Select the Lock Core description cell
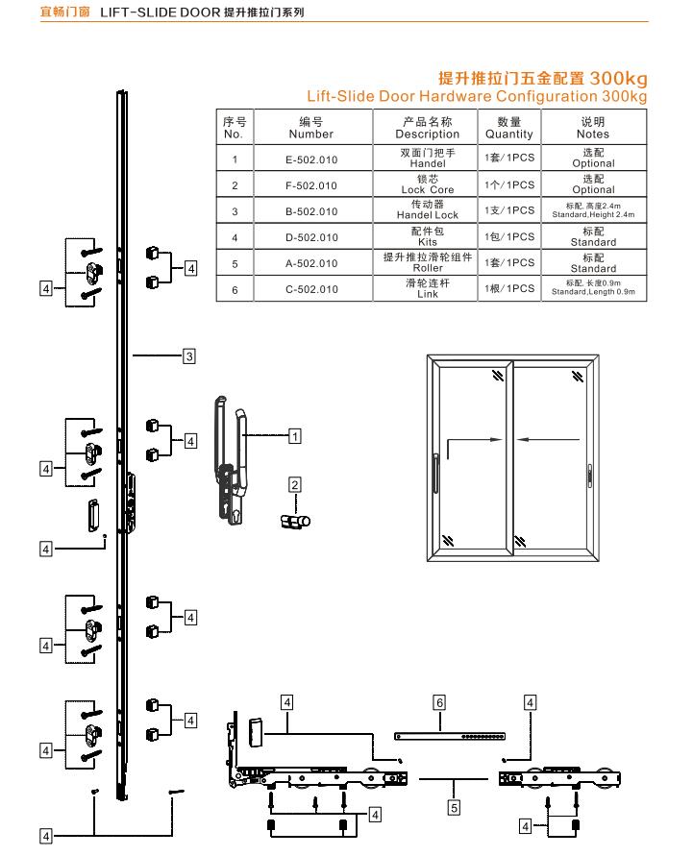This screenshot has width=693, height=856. [427, 184]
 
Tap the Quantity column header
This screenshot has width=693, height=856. [508, 128]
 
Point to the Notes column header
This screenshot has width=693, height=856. [593, 128]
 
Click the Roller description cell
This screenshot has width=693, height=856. [427, 262]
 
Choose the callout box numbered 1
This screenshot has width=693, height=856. [296, 436]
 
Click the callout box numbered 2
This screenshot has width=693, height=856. [295, 484]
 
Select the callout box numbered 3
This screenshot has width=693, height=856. [189, 356]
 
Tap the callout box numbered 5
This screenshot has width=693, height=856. [454, 808]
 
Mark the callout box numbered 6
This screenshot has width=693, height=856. [438, 703]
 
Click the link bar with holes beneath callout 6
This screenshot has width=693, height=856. [441, 737]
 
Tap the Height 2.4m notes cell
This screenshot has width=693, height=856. [593, 210]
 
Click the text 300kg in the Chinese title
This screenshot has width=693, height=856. [618, 77]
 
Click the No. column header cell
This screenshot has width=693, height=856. [235, 128]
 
